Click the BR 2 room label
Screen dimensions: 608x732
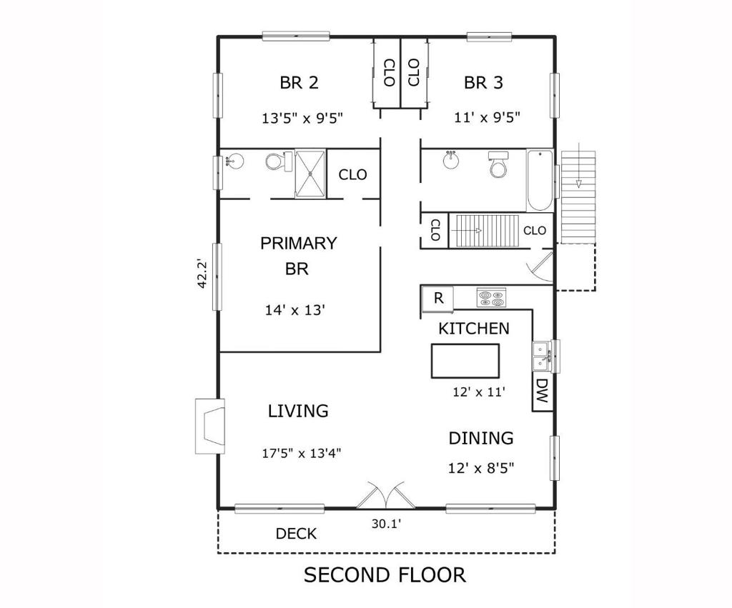[x=299, y=83]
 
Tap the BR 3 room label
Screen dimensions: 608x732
[x=483, y=83]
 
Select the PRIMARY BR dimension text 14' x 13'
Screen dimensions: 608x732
[x=295, y=310]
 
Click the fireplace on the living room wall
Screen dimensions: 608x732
[x=210, y=426]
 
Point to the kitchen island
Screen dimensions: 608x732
[x=465, y=361]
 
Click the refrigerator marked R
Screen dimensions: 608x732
[x=438, y=299]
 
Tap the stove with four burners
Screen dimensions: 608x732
[x=491, y=298]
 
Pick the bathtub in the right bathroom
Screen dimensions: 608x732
[x=540, y=180]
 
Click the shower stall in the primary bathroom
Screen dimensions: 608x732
[x=310, y=172]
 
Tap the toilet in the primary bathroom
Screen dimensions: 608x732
[x=274, y=161]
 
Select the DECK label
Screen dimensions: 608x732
[x=296, y=534]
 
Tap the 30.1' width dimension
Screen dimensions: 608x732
[x=386, y=524]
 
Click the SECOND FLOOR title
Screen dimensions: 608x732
[x=385, y=574]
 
